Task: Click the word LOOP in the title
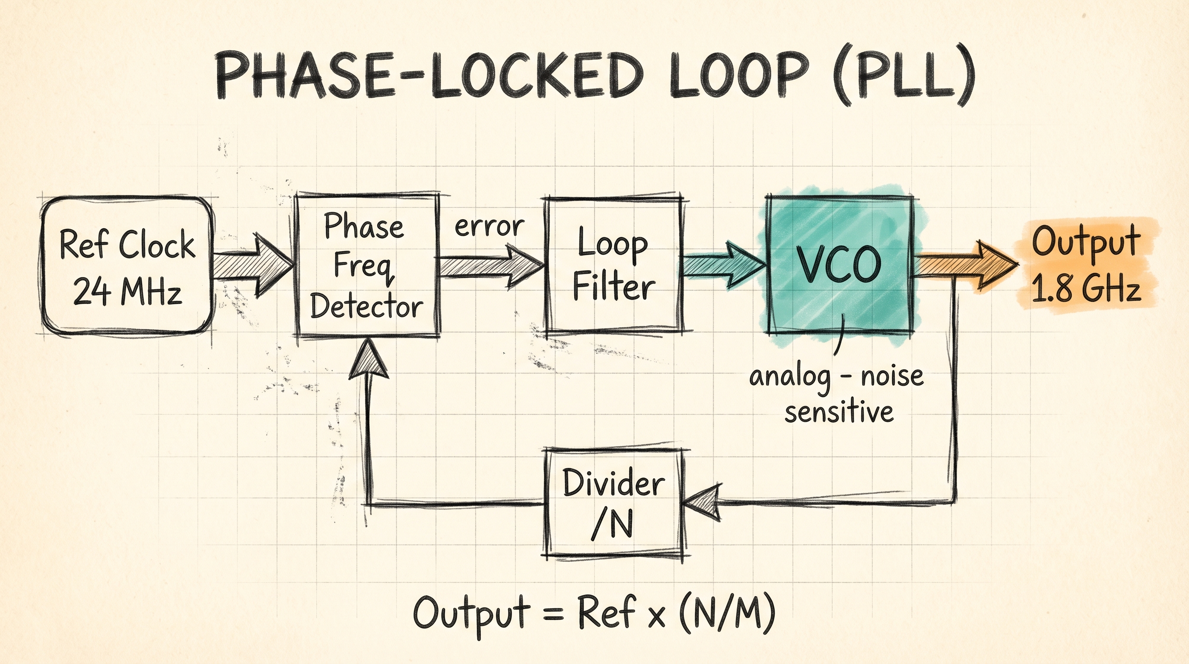[737, 76]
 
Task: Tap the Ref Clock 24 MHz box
[127, 265]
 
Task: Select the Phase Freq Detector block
[367, 265]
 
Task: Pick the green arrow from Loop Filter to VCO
[722, 265]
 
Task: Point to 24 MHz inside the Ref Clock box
[127, 292]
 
